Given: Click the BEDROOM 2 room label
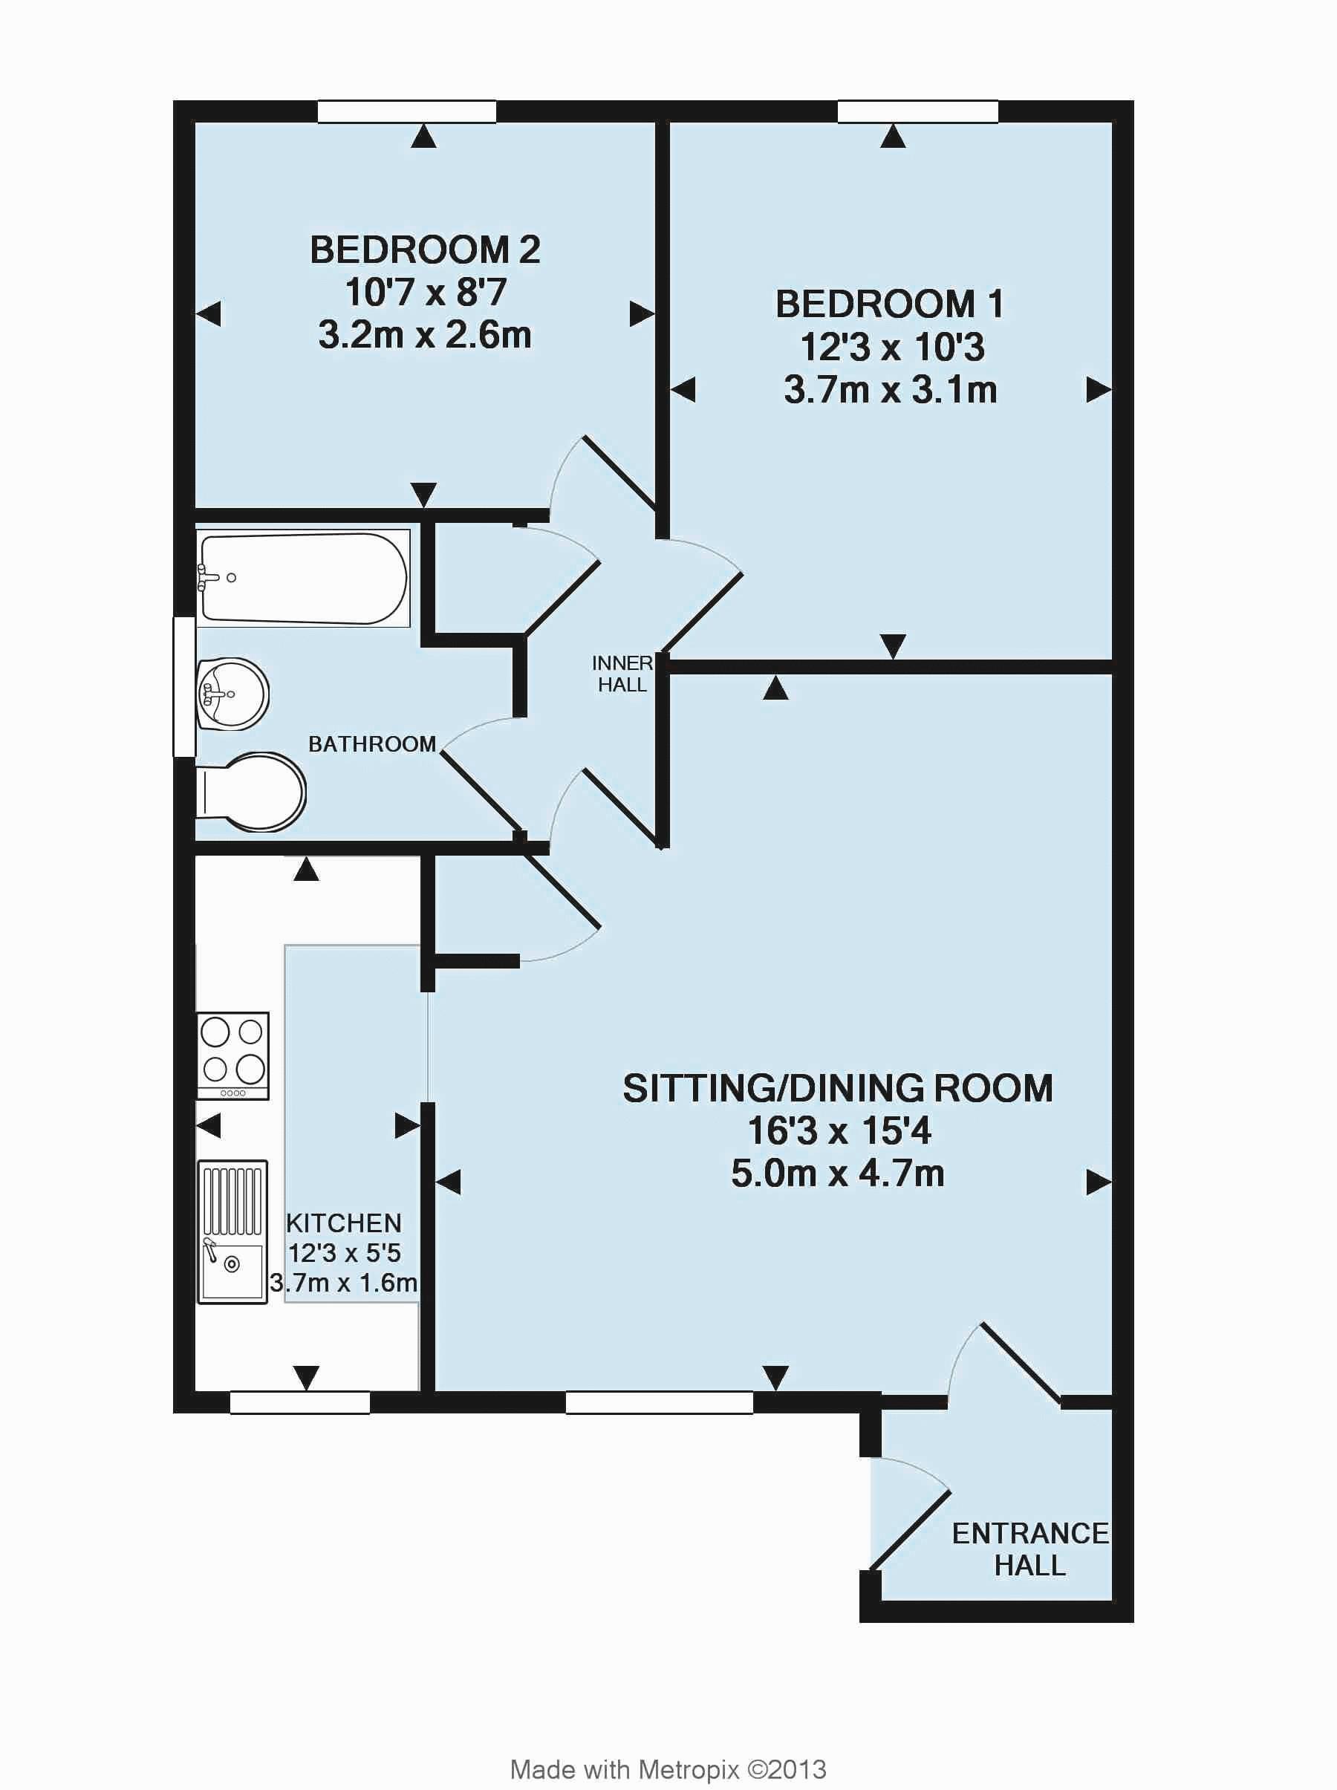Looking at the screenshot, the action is (425, 250).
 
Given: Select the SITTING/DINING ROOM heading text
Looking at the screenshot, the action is (838, 1088).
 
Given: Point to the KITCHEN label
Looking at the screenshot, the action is (344, 1223).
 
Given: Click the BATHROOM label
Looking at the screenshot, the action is (372, 743).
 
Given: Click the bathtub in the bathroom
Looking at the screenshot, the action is (304, 578).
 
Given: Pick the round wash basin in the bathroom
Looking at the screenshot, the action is (232, 694).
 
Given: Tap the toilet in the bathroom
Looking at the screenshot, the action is (251, 793).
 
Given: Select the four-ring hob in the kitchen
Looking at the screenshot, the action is (233, 1055).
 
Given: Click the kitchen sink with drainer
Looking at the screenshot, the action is (232, 1231).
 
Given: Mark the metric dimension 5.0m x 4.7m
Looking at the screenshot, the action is (838, 1174).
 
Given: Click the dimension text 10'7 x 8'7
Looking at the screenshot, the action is (426, 292).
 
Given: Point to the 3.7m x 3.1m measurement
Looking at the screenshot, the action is (891, 390).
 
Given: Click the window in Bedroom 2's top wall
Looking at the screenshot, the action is (406, 111).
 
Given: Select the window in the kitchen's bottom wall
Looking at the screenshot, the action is (299, 1402).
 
